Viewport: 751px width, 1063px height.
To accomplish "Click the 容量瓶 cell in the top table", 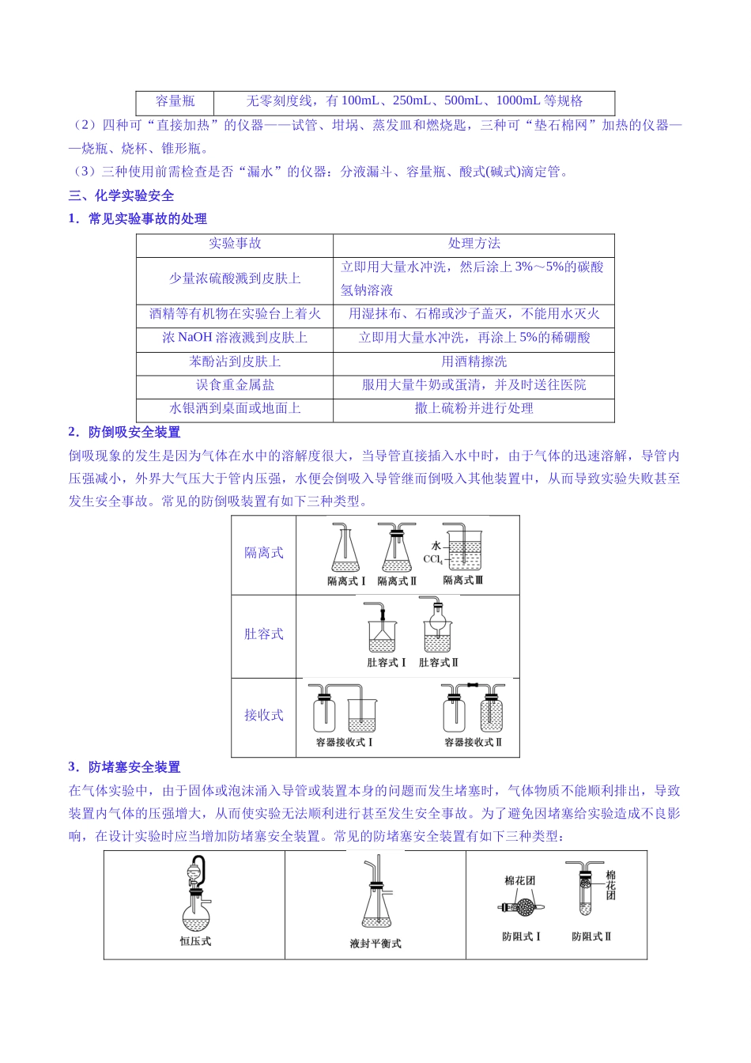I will (x=175, y=101).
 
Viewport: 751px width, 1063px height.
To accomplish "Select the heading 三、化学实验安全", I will (x=121, y=195).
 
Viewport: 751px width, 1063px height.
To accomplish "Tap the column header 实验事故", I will (x=235, y=244).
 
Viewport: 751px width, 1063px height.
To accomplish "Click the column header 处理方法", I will (x=474, y=244).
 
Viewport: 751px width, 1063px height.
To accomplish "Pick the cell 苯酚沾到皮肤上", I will (x=235, y=361).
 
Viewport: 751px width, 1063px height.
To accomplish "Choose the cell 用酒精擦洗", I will (x=474, y=361).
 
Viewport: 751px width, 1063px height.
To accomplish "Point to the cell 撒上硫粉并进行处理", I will (x=474, y=408).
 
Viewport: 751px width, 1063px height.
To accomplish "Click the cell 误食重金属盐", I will (x=235, y=385).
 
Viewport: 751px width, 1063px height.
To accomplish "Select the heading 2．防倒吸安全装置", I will (x=124, y=432).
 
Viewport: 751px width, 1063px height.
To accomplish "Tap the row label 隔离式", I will (x=263, y=553).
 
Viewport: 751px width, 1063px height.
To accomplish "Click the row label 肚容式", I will (x=263, y=634).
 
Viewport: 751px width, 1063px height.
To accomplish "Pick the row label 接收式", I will (x=263, y=715).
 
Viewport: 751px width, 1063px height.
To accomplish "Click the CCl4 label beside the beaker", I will (x=432, y=559).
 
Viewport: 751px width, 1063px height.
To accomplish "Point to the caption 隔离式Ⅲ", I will (x=462, y=581).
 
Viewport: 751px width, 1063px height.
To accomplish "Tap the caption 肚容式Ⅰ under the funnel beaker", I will (x=386, y=663).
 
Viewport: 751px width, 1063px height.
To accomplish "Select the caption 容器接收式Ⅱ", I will (x=473, y=743).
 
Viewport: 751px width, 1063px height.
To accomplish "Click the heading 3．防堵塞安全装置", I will (x=124, y=767).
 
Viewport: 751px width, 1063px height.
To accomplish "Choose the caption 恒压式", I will (x=195, y=941).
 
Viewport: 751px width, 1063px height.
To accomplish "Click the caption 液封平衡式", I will (x=375, y=944).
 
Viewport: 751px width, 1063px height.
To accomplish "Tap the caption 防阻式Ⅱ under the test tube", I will (x=591, y=936).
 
